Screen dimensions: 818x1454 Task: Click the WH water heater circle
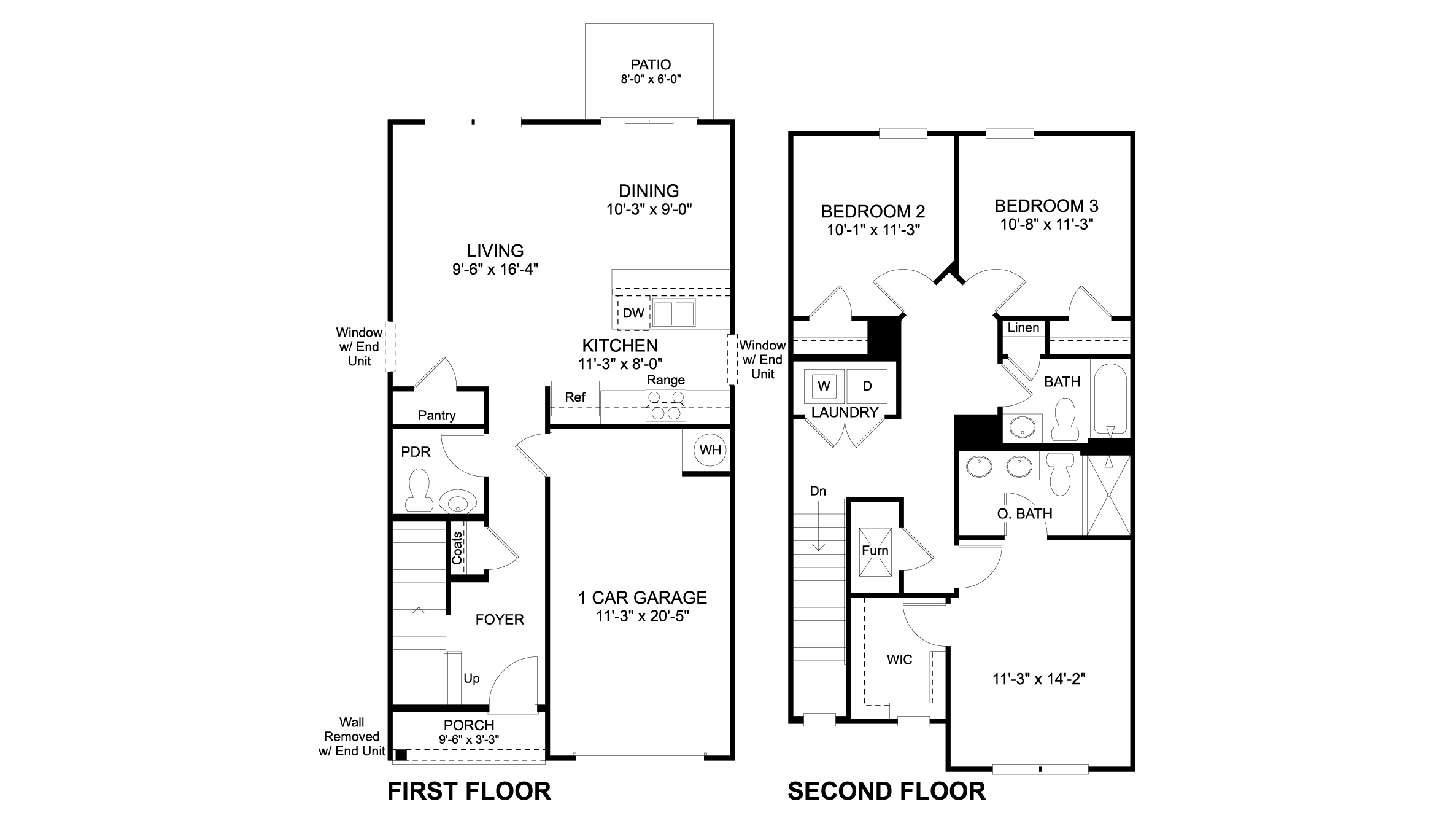click(710, 450)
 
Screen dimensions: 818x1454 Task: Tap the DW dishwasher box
click(633, 313)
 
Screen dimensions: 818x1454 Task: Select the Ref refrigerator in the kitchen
click(575, 398)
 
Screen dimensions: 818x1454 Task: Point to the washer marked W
click(824, 386)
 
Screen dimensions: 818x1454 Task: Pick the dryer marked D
click(867, 386)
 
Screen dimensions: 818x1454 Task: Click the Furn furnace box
click(875, 551)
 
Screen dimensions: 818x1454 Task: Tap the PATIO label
click(651, 64)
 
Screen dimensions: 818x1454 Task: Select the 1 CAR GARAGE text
click(643, 598)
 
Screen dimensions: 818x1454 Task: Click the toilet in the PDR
click(420, 491)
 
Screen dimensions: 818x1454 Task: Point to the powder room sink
click(457, 502)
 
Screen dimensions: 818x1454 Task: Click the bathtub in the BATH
click(1110, 399)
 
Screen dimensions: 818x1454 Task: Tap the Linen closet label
click(1023, 328)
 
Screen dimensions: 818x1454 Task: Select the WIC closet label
click(899, 660)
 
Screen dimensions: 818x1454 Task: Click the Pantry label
click(436, 416)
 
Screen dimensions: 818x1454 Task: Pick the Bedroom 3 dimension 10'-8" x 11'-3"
click(1047, 225)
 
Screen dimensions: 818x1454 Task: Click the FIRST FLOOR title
click(469, 791)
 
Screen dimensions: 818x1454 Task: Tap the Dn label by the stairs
click(818, 491)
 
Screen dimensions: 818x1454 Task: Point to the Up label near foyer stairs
click(471, 679)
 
